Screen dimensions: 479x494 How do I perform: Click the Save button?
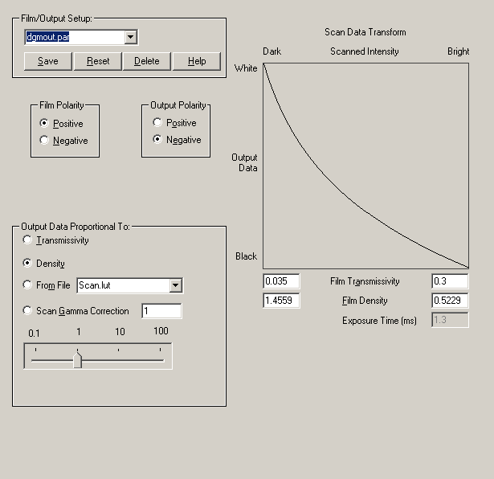[48, 61]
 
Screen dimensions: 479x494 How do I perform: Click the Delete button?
[146, 61]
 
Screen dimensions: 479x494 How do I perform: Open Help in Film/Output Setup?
[196, 61]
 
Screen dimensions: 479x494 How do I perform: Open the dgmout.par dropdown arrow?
[131, 37]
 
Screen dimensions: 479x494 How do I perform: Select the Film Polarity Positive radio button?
[45, 124]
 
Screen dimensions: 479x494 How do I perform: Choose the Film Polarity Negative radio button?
[45, 141]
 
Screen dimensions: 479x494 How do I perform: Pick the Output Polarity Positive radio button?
[157, 123]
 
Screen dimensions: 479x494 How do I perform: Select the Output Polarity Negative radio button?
[157, 140]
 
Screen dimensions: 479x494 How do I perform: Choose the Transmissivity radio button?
[29, 240]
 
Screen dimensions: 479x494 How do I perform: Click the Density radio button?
[29, 263]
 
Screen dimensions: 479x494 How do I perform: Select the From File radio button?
[29, 285]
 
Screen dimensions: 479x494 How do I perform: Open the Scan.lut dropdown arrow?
[176, 285]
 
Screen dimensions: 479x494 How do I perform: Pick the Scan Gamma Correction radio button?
[29, 311]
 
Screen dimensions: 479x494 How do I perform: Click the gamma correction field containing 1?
[161, 311]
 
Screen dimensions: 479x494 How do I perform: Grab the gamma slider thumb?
[78, 359]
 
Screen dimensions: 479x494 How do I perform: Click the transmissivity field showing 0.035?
[281, 281]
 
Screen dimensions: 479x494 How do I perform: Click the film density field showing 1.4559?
[281, 301]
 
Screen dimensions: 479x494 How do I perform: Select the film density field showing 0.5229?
[450, 301]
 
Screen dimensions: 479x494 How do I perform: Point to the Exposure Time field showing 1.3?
[450, 320]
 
